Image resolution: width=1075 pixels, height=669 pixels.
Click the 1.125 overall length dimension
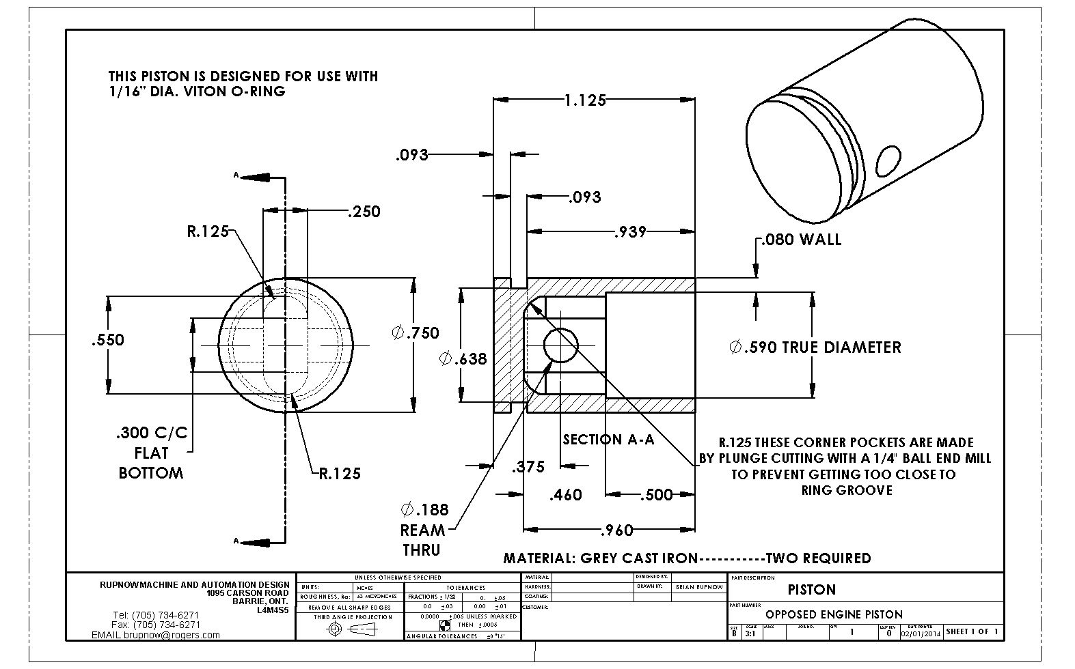[585, 100]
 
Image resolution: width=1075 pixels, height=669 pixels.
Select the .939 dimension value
[629, 232]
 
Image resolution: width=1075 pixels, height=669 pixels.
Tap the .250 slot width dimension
[364, 212]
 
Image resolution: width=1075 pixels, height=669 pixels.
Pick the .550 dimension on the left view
[108, 340]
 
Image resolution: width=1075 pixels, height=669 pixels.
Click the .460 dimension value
[566, 495]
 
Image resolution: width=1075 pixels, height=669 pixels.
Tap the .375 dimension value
[528, 467]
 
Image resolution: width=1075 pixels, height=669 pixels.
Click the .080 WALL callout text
[800, 240]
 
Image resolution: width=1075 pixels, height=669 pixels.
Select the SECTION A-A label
[608, 440]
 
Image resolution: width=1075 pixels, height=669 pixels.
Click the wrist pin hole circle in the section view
[560, 345]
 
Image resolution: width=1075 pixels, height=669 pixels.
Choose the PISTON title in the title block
[811, 589]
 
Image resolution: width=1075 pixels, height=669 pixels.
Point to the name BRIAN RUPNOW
[698, 586]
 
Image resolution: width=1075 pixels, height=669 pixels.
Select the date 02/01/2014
[921, 633]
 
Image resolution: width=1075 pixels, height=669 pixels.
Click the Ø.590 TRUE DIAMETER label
[815, 347]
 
